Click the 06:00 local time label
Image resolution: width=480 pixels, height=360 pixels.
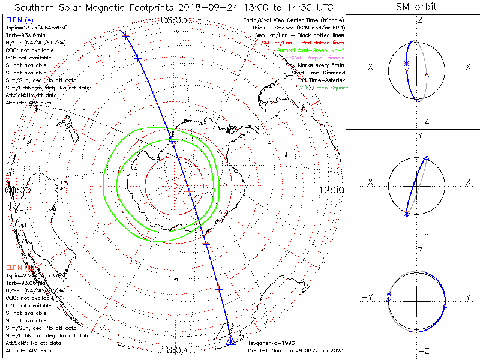click(174, 20)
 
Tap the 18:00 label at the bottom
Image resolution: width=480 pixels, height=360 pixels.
click(174, 350)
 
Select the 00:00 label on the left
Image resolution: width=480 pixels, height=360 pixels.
click(17, 190)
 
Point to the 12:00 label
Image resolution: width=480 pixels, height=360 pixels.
click(332, 190)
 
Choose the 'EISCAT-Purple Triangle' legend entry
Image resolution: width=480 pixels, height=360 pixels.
click(314, 58)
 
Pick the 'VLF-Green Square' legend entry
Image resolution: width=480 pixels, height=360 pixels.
click(323, 88)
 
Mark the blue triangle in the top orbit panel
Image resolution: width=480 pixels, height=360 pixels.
click(427, 75)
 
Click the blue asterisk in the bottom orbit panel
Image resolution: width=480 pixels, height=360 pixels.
click(389, 293)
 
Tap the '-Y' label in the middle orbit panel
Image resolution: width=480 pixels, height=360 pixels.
click(420, 235)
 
